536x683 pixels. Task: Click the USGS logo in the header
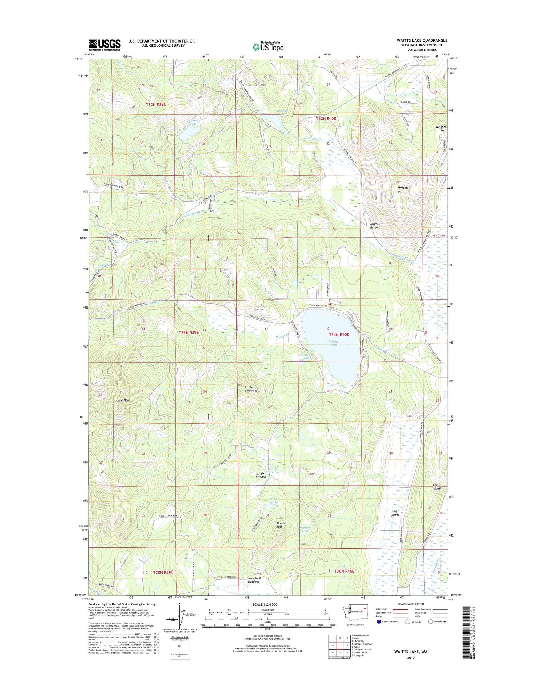coord(104,45)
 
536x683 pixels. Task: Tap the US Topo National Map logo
coord(268,46)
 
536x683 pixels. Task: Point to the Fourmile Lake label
coord(193,123)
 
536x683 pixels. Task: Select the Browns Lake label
coord(282,113)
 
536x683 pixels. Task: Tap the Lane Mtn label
coord(123,400)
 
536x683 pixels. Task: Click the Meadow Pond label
coord(306,357)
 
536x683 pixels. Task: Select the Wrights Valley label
coord(374,225)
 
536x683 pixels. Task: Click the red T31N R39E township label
coord(189,333)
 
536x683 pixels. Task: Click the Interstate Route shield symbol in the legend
coord(379,622)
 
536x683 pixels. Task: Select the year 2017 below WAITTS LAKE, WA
coord(411,658)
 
